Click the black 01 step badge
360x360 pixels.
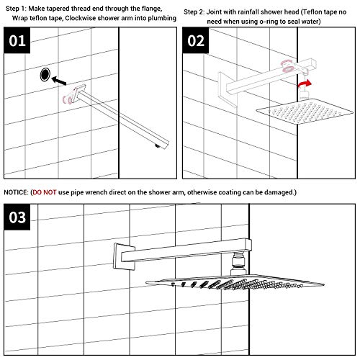pos(20,41)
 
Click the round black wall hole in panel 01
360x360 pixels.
pos(47,73)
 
